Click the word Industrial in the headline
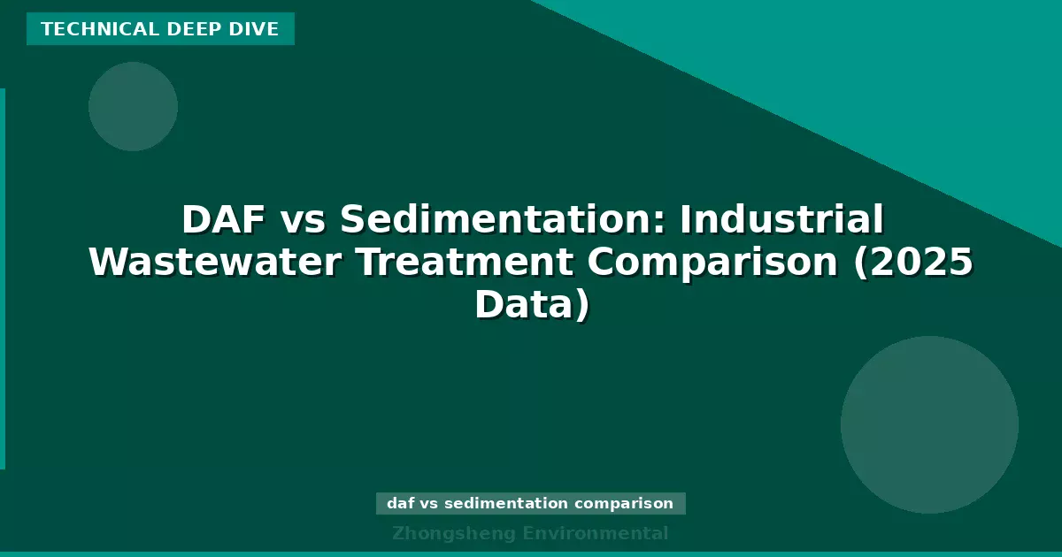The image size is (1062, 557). (x=781, y=219)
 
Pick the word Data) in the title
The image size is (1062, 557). (x=531, y=306)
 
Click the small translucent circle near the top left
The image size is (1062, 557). (x=133, y=106)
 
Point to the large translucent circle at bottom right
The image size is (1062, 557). (x=929, y=424)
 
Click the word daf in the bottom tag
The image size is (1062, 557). (x=401, y=504)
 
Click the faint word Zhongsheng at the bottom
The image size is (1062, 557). (x=454, y=533)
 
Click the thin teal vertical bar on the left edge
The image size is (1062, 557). (x=3, y=278)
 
